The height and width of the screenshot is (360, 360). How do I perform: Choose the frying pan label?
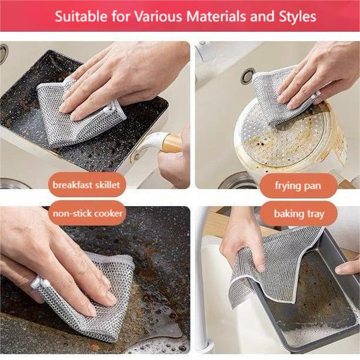[x=297, y=184]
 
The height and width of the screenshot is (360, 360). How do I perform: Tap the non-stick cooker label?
[x=88, y=215]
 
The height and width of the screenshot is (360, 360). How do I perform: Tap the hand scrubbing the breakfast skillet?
[x=118, y=78]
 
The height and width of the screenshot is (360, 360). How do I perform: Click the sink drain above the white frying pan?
[x=248, y=75]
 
